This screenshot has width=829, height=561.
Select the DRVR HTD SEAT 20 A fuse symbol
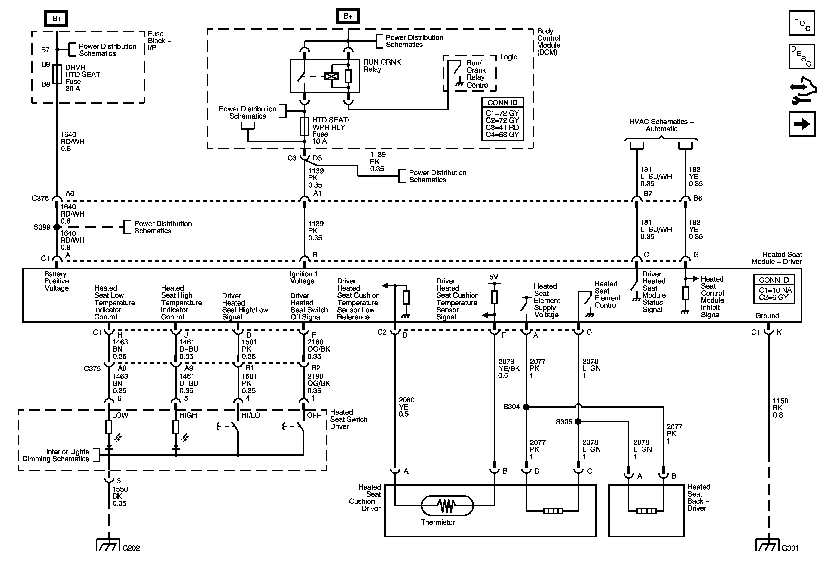(x=57, y=74)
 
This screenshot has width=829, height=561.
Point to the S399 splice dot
(x=57, y=227)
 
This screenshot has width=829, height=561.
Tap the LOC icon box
(x=802, y=23)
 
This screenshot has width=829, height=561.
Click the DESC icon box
(x=802, y=56)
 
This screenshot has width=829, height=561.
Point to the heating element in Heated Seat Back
(x=646, y=511)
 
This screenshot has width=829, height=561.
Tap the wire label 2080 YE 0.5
(x=406, y=407)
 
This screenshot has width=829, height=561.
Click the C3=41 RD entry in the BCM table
(x=502, y=127)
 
